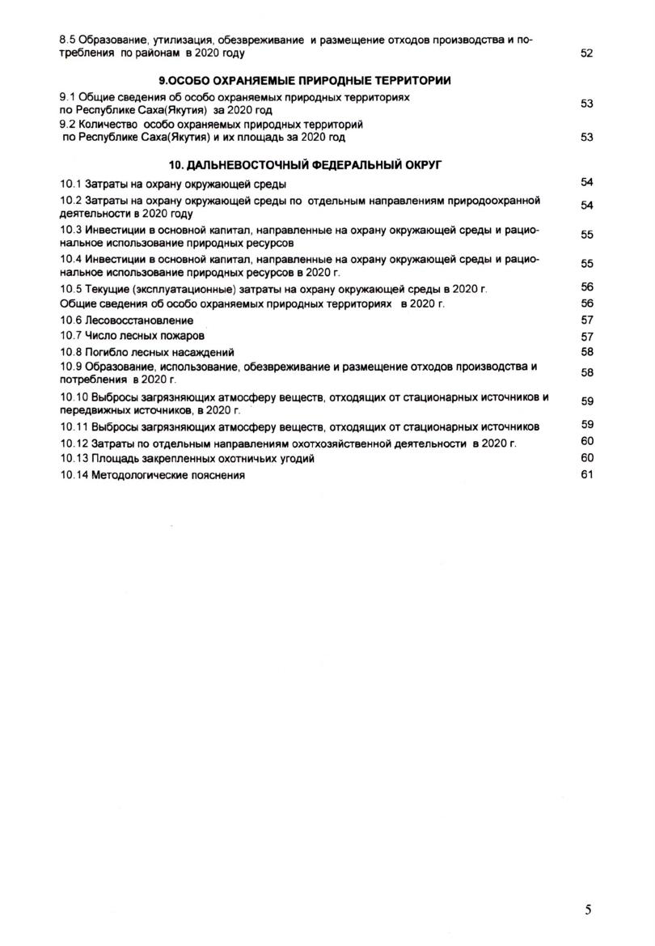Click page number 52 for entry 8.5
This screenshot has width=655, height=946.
[x=587, y=53]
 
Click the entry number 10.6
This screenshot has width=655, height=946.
[x=71, y=320]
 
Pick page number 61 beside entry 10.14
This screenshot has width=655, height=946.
[x=587, y=474]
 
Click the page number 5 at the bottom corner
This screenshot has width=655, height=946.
[x=588, y=909]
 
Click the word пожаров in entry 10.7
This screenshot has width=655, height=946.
[x=182, y=336]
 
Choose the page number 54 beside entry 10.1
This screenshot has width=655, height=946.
[x=587, y=182]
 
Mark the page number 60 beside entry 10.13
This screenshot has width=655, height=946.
[x=587, y=458]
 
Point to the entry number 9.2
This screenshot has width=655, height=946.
[x=68, y=125]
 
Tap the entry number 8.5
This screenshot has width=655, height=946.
[x=68, y=39]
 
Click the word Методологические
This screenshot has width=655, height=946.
[x=140, y=476]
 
